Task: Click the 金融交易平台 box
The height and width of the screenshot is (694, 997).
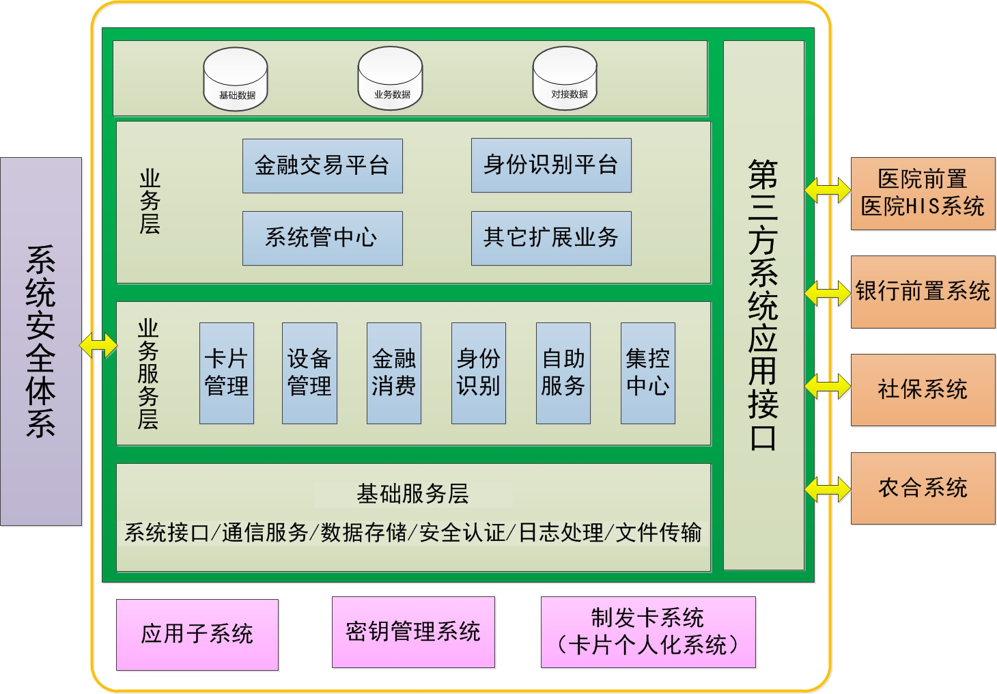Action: [x=322, y=166]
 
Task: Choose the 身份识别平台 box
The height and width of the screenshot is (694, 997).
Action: [x=551, y=165]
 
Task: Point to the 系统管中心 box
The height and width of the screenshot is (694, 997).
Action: [x=322, y=238]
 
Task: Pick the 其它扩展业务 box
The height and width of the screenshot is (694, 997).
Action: [x=551, y=238]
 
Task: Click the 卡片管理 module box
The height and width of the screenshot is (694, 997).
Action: [x=227, y=373]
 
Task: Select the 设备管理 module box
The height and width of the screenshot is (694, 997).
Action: [x=309, y=373]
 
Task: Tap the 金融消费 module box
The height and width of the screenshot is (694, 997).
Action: [x=394, y=373]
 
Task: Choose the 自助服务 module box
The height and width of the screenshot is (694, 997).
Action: [x=563, y=373]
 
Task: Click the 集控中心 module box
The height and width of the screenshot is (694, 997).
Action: [x=648, y=373]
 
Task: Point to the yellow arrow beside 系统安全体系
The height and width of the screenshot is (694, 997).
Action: [x=99, y=345]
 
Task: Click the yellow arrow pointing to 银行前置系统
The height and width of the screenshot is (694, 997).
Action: [x=828, y=293]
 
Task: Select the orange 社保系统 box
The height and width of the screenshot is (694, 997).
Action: [x=923, y=390]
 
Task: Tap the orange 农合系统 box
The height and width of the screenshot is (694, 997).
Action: [x=923, y=488]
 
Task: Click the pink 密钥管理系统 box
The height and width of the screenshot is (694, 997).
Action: [x=413, y=632]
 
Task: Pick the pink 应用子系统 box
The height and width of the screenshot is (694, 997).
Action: [x=197, y=635]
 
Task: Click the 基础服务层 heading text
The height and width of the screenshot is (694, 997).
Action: [x=413, y=494]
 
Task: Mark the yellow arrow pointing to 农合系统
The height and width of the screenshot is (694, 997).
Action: [x=828, y=489]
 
